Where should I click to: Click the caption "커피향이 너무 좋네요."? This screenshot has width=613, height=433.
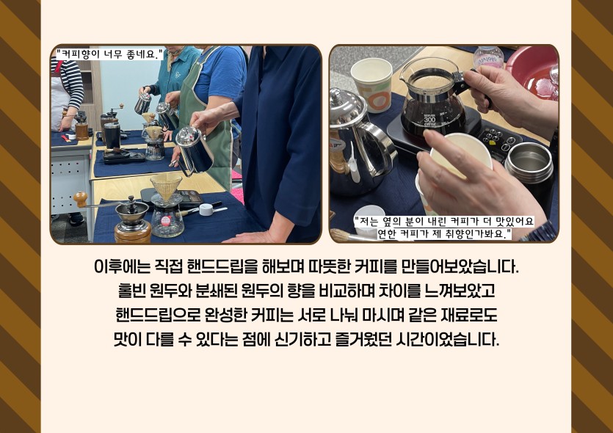pos(109,54)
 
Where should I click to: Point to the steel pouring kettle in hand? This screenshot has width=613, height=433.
pos(193,150)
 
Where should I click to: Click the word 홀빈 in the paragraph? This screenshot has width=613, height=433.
pos(131,291)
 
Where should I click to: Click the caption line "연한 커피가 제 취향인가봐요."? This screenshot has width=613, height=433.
pos(444,234)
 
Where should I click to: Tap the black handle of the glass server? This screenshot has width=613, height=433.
pos(469,84)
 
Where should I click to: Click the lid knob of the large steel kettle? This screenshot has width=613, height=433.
pos(335,94)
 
